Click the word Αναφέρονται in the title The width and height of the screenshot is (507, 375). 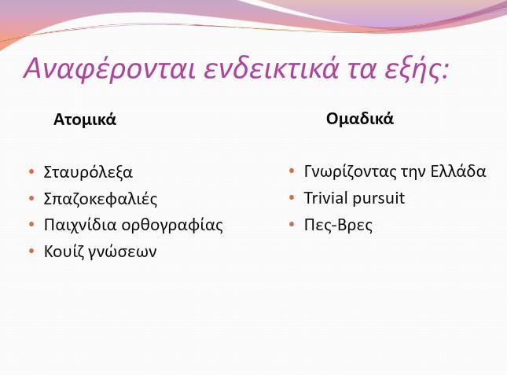pos(109,69)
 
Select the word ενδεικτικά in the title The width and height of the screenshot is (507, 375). pos(271,68)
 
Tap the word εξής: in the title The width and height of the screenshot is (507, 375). pos(417,69)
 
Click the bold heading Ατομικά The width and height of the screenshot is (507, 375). pos(85,119)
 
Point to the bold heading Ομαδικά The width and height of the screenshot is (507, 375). pos(360,119)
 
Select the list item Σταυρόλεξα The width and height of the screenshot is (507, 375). pos(88,171)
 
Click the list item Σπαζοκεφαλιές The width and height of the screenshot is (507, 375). pos(101,198)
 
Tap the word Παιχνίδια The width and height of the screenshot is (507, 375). pos(80,225)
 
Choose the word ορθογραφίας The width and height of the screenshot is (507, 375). pos(172,226)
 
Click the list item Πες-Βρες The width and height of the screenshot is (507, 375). pos(338,225)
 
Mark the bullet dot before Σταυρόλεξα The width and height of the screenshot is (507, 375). pos(31,171)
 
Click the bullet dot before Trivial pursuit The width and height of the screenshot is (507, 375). pos(292,197)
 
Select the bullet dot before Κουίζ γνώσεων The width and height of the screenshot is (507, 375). pos(31,251)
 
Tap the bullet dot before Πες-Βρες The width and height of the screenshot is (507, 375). pos(292,224)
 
